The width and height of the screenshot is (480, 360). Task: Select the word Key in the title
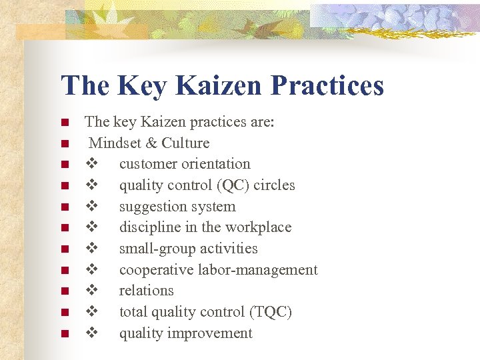138,86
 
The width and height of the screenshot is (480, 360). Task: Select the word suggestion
151,207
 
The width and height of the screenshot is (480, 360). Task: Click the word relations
146,291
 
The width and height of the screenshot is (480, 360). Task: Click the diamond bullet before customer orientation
93,164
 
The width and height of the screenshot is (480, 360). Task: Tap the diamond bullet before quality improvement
93,333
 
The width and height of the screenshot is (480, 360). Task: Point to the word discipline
149,227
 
